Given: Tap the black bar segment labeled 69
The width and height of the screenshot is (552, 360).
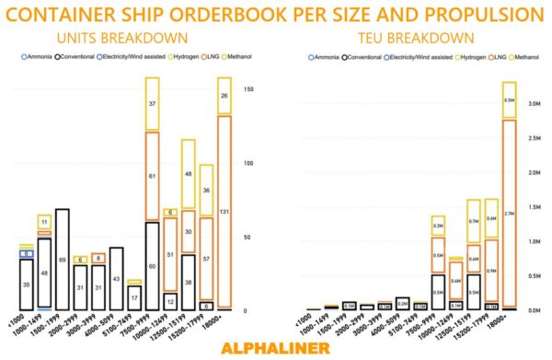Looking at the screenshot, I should pyautogui.click(x=62, y=261).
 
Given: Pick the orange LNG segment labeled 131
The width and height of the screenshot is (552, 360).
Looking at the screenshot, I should pyautogui.click(x=224, y=211).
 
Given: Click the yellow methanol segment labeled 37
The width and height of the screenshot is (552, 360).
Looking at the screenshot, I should pyautogui.click(x=153, y=106).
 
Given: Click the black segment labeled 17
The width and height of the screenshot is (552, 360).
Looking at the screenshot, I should pyautogui.click(x=134, y=297).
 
